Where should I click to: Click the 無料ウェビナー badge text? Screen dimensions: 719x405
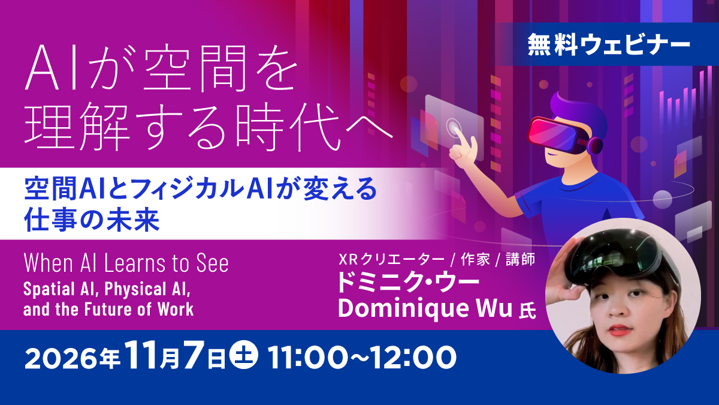(x=609, y=44)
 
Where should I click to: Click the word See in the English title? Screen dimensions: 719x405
(x=213, y=263)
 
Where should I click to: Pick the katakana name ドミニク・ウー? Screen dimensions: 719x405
(x=408, y=282)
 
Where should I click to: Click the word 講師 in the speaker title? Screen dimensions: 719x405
(x=521, y=260)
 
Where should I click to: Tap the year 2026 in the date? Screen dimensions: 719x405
(x=61, y=358)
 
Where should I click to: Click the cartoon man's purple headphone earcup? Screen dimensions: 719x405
(x=595, y=145)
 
